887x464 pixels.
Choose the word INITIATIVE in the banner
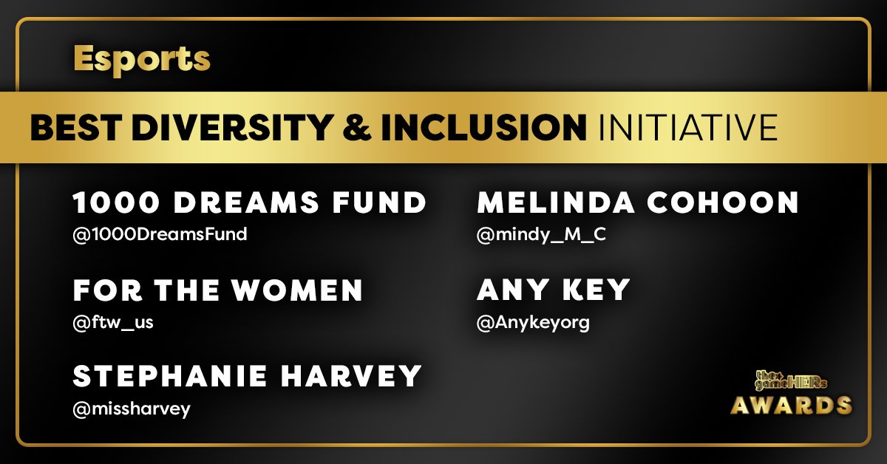[685, 127]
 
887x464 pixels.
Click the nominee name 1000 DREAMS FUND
[250, 202]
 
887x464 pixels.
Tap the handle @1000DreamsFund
[160, 235]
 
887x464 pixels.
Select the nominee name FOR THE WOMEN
[218, 290]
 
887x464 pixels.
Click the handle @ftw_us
[113, 323]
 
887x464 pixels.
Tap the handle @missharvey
[132, 409]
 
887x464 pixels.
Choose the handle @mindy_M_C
[536, 235]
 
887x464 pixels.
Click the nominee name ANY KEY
[553, 290]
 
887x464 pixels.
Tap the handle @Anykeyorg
[534, 323]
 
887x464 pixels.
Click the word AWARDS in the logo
[791, 406]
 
